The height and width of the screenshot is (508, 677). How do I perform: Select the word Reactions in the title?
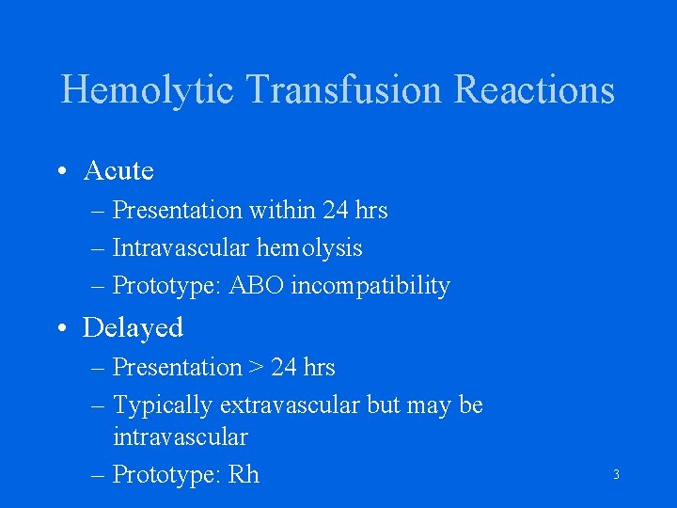(534, 90)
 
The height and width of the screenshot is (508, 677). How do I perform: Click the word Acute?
(118, 170)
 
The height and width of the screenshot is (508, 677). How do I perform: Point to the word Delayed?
(133, 327)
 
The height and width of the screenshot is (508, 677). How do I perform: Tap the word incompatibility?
(370, 286)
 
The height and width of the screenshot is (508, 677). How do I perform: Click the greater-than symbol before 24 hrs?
(257, 368)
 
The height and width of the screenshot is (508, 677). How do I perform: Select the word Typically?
(163, 405)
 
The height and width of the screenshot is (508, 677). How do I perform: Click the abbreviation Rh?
(243, 474)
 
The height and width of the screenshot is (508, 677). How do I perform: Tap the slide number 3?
(616, 475)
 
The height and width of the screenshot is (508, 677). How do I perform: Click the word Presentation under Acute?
(177, 211)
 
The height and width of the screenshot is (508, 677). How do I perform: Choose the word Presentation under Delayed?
(177, 367)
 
